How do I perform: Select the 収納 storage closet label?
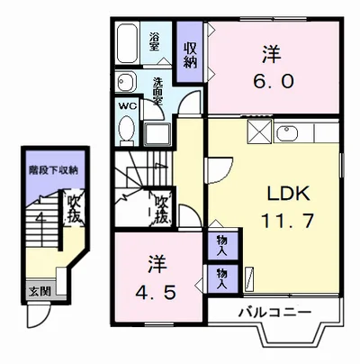190,55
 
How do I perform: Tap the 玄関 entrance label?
39,290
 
